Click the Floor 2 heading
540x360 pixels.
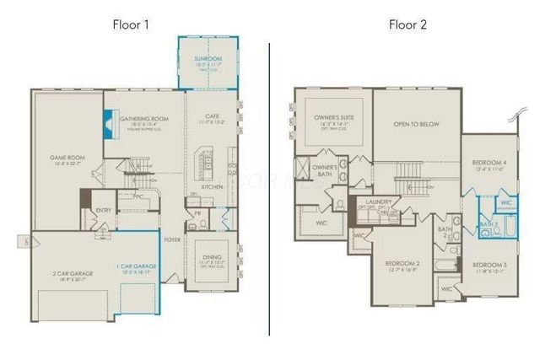tap(408, 24)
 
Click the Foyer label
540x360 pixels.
tap(173, 239)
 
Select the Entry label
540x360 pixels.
tap(104, 210)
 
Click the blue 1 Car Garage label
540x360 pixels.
tap(134, 267)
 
